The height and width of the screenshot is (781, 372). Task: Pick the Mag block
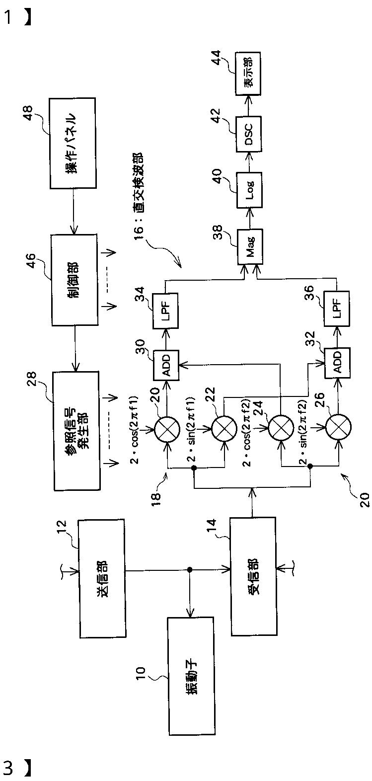coord(250,246)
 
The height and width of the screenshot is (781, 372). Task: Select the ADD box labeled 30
coord(166,365)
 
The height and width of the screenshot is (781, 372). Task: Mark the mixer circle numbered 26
coord(338,426)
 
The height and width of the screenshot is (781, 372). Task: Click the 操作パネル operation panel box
coord(73,143)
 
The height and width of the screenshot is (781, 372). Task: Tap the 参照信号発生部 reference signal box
coord(76,431)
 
